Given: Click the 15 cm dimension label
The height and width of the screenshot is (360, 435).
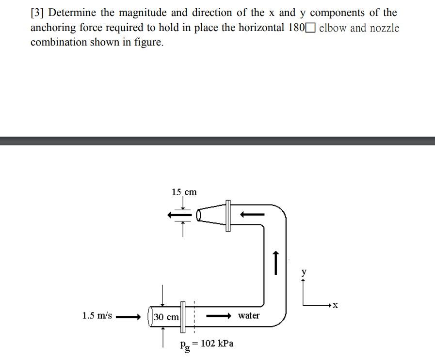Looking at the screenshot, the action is click(x=184, y=192).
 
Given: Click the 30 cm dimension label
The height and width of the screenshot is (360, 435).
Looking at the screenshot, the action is click(x=166, y=317).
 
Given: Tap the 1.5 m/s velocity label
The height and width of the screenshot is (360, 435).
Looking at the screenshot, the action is click(x=97, y=316).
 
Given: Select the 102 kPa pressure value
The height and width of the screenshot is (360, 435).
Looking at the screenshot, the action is click(x=217, y=344).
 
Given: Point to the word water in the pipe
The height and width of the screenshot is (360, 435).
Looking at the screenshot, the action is click(x=249, y=316).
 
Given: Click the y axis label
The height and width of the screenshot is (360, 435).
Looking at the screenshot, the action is click(x=304, y=272).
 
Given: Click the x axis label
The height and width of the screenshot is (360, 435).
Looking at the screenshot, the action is click(x=335, y=305).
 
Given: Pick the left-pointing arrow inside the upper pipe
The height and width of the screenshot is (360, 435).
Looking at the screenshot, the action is click(x=253, y=213).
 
